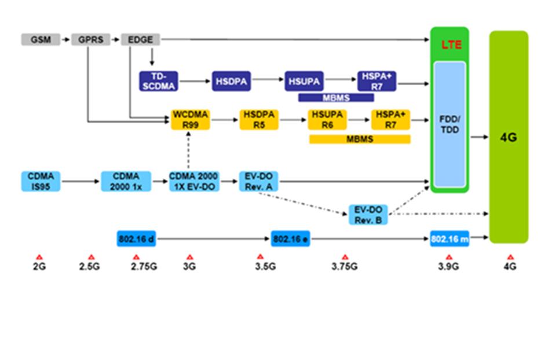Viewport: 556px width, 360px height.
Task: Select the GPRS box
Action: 90,39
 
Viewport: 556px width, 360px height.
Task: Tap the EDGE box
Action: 140,39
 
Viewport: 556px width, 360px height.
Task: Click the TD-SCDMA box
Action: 159,82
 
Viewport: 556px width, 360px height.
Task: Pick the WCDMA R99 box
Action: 190,119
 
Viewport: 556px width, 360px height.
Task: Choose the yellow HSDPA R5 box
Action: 258,119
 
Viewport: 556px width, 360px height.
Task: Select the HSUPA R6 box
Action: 327,119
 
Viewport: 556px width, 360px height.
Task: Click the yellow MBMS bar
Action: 360,139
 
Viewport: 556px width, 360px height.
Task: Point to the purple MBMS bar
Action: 336,97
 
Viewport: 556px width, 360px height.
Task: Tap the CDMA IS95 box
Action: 41,181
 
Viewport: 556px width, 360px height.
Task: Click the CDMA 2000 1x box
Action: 126,181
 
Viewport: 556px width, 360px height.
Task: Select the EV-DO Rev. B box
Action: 368,214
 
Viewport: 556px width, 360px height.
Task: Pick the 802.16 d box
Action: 137,238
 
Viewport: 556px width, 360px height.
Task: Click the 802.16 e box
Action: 290,238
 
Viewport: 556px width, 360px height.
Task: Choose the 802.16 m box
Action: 449,238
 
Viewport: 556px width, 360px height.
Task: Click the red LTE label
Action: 451,45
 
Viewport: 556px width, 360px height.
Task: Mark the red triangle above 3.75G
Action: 345,256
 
